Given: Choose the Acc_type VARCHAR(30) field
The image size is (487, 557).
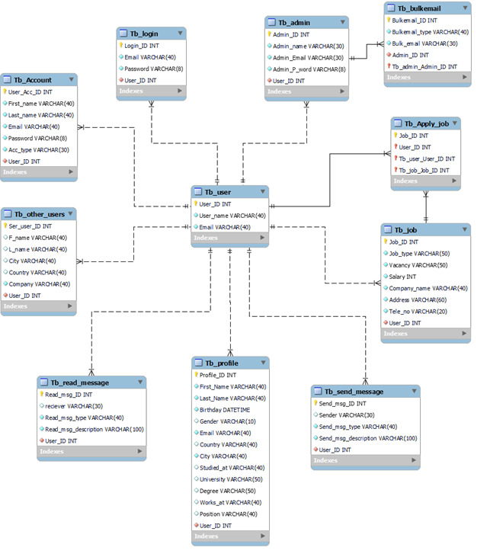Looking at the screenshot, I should click(37, 149).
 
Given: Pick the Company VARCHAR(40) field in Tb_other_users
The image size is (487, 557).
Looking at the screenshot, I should click(39, 283).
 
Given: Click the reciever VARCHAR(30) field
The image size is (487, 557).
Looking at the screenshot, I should click(73, 406).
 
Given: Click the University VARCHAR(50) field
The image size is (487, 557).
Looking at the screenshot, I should click(230, 479).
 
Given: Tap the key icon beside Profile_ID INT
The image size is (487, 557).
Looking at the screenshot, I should click(196, 375).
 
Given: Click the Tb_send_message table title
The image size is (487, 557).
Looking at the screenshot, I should click(354, 392).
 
